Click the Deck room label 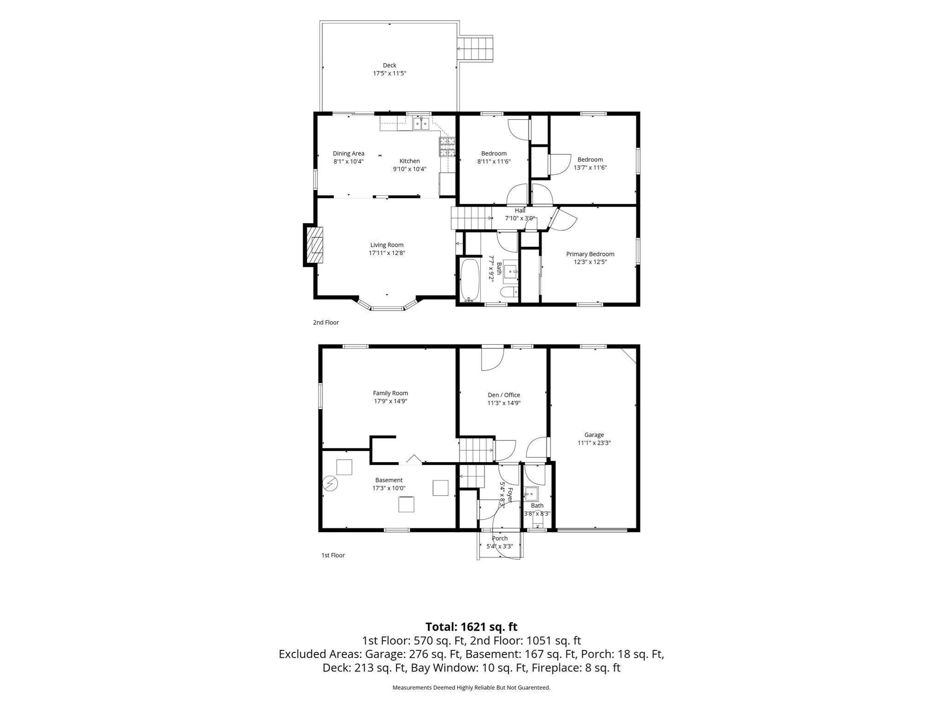tap(390, 65)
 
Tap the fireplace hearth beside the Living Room tap(314, 245)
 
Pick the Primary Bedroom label tap(590, 254)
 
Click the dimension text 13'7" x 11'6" tap(590, 168)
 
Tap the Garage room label tap(594, 435)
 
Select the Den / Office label tap(504, 395)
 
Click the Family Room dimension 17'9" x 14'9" tap(390, 401)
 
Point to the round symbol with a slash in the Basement tap(330, 483)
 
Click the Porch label tap(500, 538)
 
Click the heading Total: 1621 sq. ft tap(471, 627)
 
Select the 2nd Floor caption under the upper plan tap(326, 322)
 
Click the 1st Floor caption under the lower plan tap(333, 555)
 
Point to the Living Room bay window tap(387, 305)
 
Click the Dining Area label tap(349, 154)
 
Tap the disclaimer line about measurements tap(471, 688)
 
